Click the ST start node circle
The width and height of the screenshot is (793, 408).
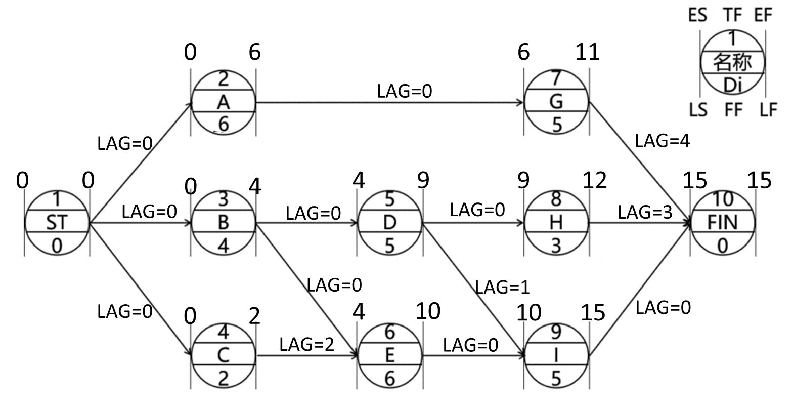tap(57, 223)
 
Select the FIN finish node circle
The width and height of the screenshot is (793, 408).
tap(723, 223)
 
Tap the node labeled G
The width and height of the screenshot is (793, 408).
tap(556, 102)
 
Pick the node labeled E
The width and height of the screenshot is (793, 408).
tap(389, 355)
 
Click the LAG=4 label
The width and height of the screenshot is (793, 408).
tap(662, 141)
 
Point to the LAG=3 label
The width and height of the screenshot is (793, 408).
tap(645, 213)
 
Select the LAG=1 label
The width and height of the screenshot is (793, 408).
tap(502, 288)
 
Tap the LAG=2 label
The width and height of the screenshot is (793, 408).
tap(306, 345)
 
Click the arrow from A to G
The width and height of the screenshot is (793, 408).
tap(389, 103)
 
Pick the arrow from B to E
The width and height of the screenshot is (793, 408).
tap(306, 289)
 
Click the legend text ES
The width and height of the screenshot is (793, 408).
tap(697, 15)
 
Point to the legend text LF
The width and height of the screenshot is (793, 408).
tap(768, 109)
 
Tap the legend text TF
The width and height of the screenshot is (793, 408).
tap(732, 15)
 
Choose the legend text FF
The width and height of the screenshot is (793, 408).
tap(733, 109)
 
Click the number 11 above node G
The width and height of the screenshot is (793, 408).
tap(587, 52)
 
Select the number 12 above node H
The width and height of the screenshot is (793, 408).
tap(594, 180)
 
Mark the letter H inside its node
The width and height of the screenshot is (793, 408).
tap(556, 223)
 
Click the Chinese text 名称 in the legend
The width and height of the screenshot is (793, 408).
tap(732, 62)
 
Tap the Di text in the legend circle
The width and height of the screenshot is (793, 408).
tap(732, 85)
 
